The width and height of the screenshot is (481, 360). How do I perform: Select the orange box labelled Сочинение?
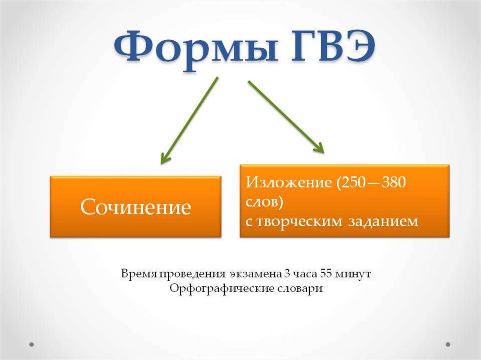(136, 207)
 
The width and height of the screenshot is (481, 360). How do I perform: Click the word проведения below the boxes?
(192, 273)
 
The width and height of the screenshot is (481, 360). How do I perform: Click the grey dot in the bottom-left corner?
(32, 344)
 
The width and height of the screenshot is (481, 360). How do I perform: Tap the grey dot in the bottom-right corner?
(449, 344)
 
